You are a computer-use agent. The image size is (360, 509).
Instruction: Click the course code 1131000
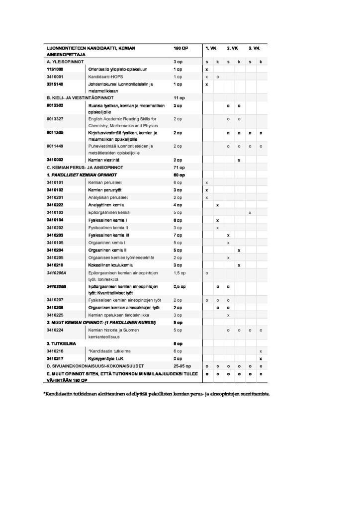point(55,69)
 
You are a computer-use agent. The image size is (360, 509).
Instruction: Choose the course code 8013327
point(55,119)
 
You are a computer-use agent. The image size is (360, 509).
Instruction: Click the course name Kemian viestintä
point(104,160)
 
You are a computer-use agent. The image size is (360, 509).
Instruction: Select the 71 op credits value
point(179,168)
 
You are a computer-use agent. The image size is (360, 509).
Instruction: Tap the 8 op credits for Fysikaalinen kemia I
point(178,220)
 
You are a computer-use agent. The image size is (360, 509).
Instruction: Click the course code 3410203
point(55,235)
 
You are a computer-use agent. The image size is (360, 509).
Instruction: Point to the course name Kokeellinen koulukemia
point(109,265)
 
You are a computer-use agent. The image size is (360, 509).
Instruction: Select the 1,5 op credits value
point(180,273)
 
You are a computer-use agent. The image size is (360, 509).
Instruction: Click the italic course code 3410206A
point(56,273)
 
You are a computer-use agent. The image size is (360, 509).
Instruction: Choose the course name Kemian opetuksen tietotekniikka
point(118,315)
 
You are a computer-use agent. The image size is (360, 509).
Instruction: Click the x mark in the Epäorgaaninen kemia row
point(250,212)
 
